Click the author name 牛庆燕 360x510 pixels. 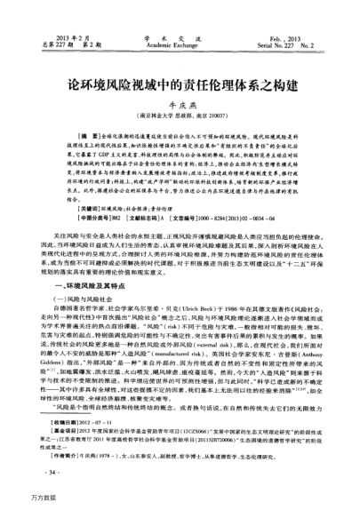(x=180, y=90)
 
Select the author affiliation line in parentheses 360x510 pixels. (x=180, y=104)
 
